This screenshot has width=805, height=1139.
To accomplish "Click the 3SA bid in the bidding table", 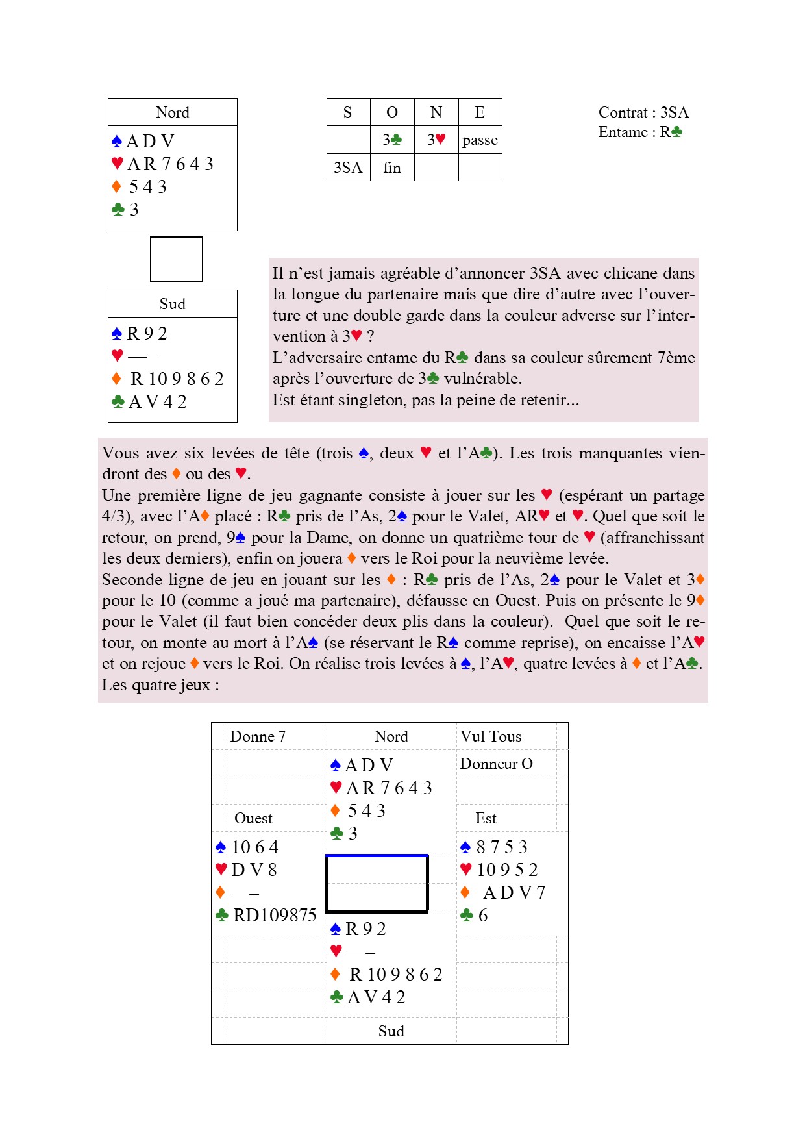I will (x=348, y=168).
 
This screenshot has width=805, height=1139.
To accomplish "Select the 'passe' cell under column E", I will (x=480, y=140).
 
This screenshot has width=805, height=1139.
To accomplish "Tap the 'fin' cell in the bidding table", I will (x=392, y=168).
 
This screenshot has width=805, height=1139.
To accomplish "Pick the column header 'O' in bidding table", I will (x=392, y=112).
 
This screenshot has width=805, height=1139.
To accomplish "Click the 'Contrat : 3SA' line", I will (x=643, y=112).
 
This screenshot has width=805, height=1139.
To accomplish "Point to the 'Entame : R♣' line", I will (x=640, y=132).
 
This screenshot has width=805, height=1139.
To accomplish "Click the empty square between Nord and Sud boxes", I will (x=177, y=258).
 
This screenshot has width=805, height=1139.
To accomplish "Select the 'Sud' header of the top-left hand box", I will (x=173, y=304).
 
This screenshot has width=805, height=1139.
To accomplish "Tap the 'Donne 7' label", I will (x=258, y=736).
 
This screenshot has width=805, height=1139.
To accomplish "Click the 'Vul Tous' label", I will (x=491, y=736).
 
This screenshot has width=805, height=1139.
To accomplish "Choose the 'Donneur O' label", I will (x=496, y=764).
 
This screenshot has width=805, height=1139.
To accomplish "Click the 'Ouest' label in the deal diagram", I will (x=253, y=818).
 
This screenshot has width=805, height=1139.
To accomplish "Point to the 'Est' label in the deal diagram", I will (x=486, y=818).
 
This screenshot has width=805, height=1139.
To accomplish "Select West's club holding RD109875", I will (x=274, y=915).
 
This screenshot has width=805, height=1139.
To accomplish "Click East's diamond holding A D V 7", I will (x=514, y=892).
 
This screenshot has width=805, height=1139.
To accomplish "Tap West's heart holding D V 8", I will (x=254, y=870).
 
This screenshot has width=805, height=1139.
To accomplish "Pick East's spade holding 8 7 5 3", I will (x=501, y=847).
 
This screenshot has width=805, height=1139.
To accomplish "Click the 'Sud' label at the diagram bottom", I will (x=391, y=1031).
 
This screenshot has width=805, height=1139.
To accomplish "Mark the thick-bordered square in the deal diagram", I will (x=377, y=884).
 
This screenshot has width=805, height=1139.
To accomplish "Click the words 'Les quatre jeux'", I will (x=156, y=685).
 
